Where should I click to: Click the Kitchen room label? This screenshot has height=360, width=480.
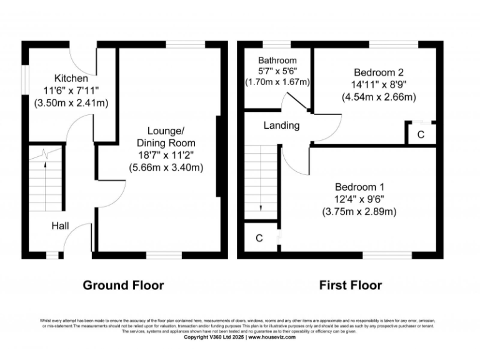click(x=71, y=79)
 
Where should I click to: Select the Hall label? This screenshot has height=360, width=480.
click(x=61, y=226)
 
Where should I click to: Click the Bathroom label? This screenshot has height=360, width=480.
click(x=277, y=60)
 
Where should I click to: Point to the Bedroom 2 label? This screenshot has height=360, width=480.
click(x=377, y=71)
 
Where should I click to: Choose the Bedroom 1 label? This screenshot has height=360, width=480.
click(x=359, y=187)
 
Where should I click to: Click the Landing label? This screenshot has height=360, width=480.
click(x=281, y=126)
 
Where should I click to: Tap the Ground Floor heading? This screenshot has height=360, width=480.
click(x=124, y=286)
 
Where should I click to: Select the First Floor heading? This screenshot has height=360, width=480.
click(x=351, y=286)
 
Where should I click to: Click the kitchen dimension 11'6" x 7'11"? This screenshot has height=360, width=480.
click(x=71, y=91)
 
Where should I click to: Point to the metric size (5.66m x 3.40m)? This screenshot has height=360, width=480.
click(x=166, y=167)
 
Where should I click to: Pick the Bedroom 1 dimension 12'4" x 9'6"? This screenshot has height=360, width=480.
click(x=359, y=199)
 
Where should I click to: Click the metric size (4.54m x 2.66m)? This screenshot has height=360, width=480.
click(x=377, y=96)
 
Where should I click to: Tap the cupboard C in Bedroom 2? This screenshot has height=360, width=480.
click(x=421, y=134)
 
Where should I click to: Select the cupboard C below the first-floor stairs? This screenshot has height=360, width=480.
click(x=259, y=238)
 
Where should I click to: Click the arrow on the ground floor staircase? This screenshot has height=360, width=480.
click(x=46, y=166)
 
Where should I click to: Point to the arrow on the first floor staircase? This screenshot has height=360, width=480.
click(x=261, y=209)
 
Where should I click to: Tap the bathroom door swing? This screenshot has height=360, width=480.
click(x=291, y=102)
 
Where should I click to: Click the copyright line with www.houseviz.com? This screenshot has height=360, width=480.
click(x=239, y=337)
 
